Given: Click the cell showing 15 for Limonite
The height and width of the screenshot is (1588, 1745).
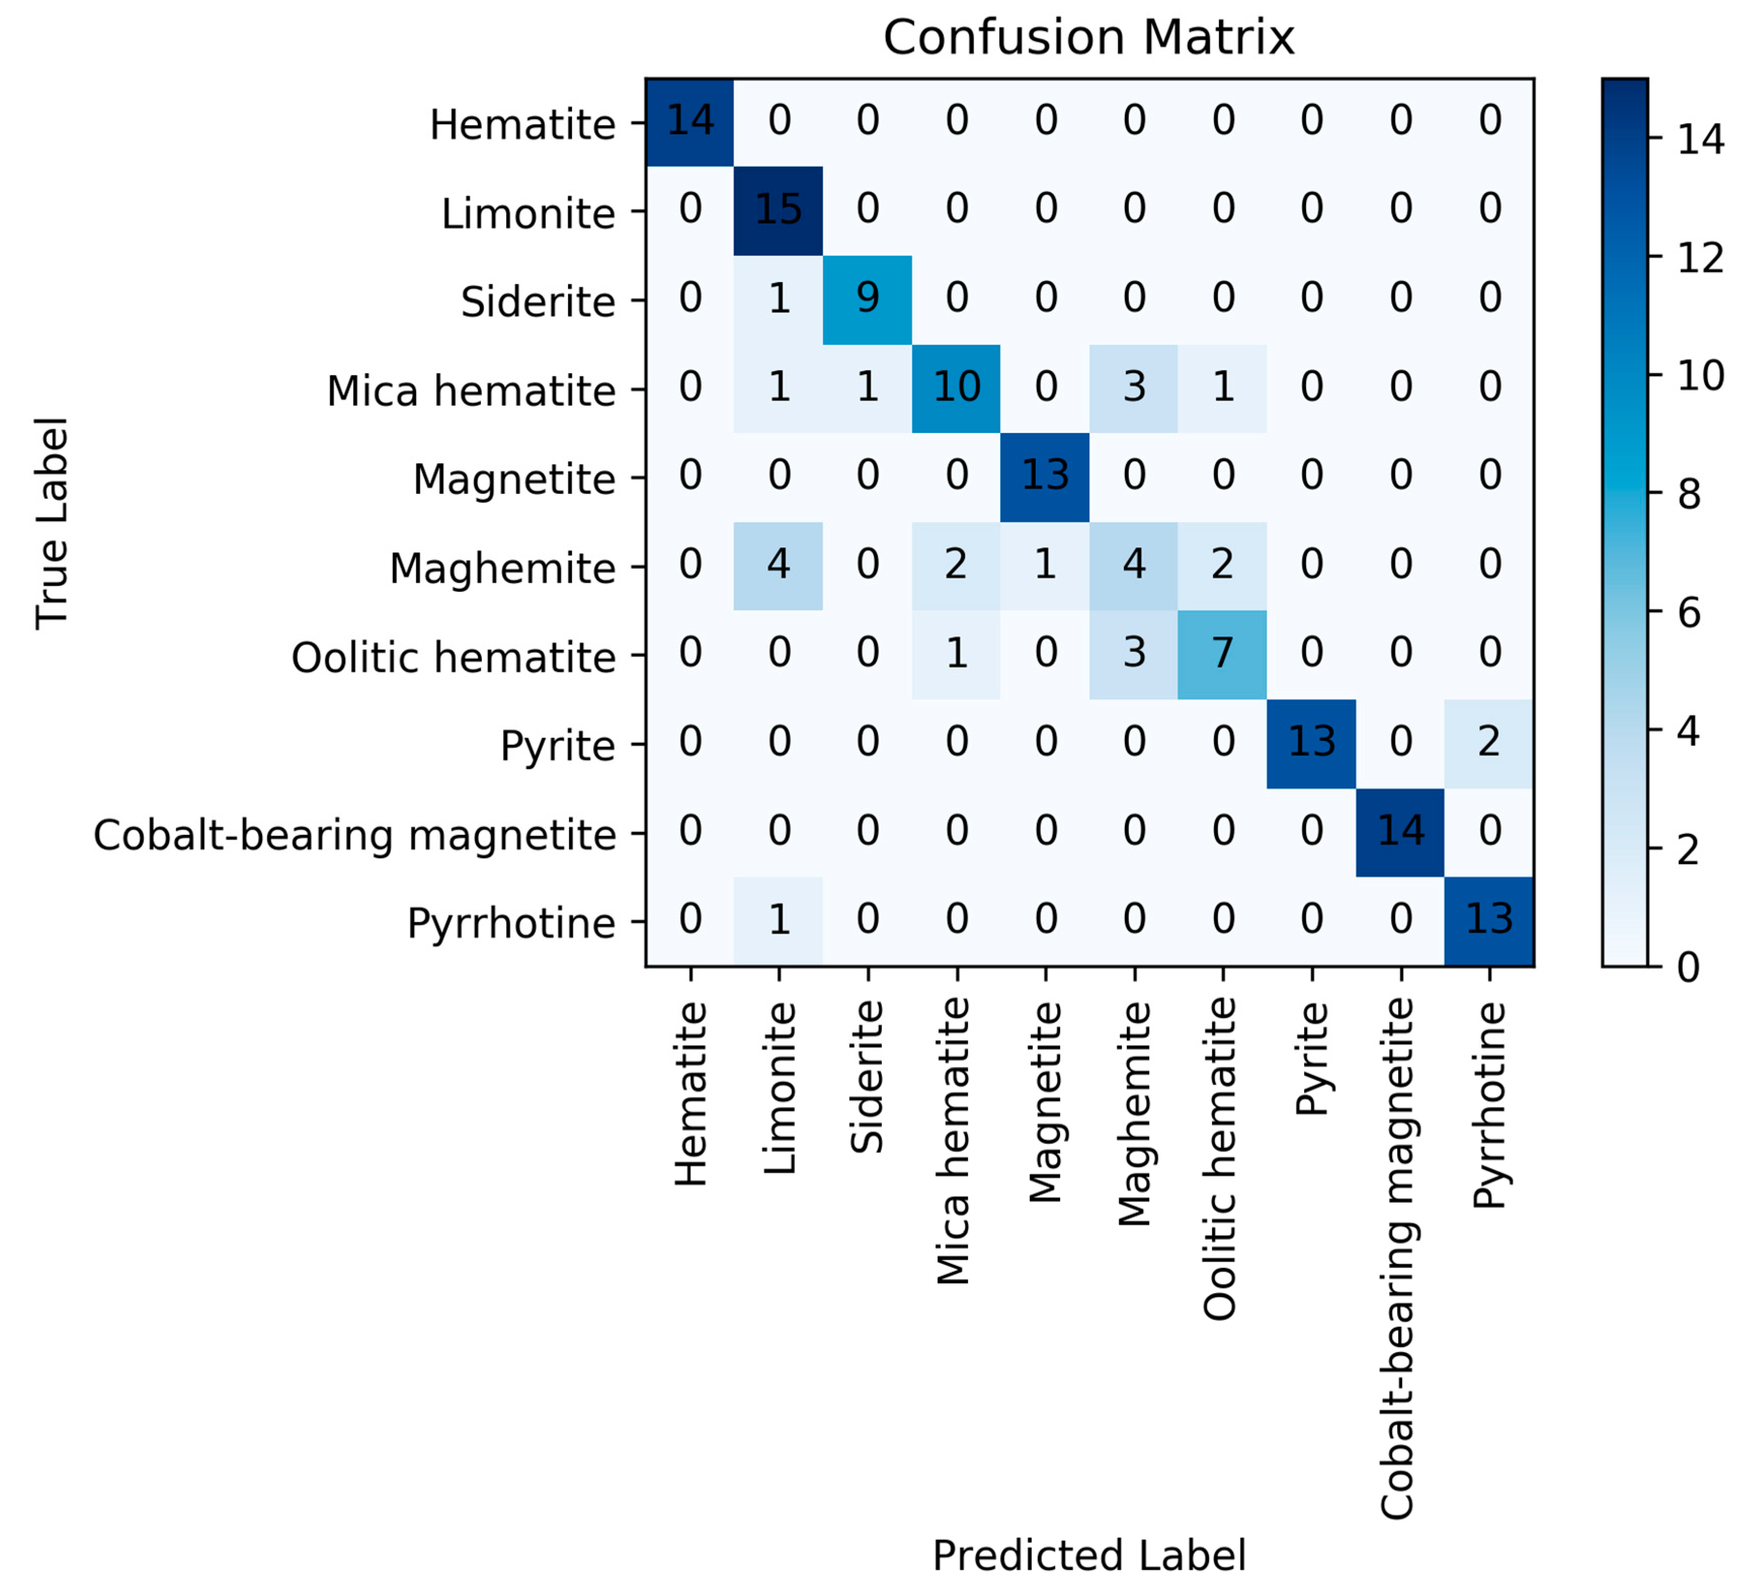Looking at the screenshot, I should click(778, 211).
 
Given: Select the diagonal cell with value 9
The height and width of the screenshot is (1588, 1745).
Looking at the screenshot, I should click(867, 299).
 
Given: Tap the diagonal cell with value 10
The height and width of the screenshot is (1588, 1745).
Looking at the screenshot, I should click(956, 388).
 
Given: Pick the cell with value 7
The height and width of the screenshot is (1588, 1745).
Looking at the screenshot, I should click(1222, 654).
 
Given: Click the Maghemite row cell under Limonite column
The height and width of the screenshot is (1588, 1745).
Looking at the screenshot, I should click(778, 566).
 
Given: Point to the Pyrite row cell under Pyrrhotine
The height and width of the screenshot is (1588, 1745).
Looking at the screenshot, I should click(1489, 743).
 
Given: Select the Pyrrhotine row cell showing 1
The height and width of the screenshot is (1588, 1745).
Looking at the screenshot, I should click(778, 921).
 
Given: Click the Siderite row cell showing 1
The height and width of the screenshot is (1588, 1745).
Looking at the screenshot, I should click(778, 299).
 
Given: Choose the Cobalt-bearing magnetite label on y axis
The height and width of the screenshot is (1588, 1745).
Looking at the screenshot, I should click(355, 836).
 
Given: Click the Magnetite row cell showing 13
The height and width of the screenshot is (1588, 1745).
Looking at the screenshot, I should click(1045, 476).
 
